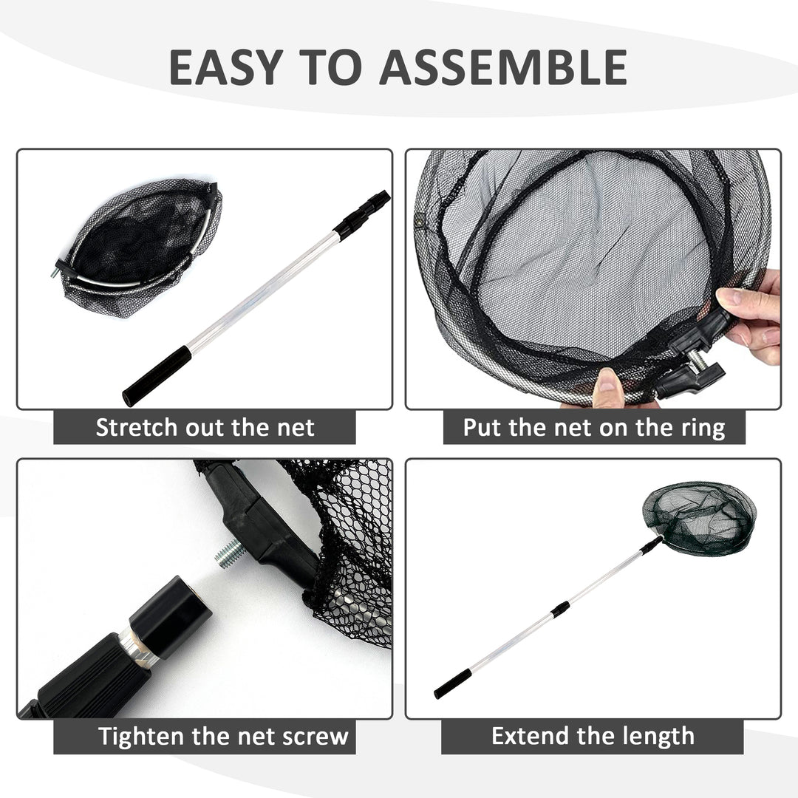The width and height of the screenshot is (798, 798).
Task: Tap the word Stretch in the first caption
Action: [x=137, y=427]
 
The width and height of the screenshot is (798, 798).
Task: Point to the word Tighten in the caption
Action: [x=143, y=736]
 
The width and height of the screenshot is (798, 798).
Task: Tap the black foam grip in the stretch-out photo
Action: [x=157, y=375]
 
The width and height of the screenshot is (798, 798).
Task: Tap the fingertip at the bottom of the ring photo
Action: [x=609, y=388]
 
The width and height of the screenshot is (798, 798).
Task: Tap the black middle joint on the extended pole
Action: [x=561, y=609]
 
